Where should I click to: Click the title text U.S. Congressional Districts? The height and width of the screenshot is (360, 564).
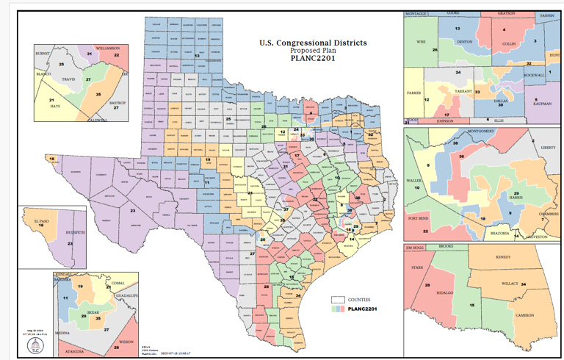tap(313, 43)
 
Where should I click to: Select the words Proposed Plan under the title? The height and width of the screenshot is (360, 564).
tap(313, 51)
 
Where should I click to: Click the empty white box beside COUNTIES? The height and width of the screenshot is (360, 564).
tap(338, 300)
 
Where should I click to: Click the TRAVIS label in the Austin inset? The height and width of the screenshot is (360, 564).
tap(69, 79)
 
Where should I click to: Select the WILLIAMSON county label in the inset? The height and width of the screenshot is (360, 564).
tap(107, 48)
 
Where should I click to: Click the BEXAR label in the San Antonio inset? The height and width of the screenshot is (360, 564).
tap(93, 312)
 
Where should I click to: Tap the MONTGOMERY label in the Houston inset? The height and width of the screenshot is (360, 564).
tap(479, 130)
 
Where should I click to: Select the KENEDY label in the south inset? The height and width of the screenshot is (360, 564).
tap(503, 258)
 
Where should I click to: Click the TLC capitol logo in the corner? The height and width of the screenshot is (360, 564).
tap(33, 345)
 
